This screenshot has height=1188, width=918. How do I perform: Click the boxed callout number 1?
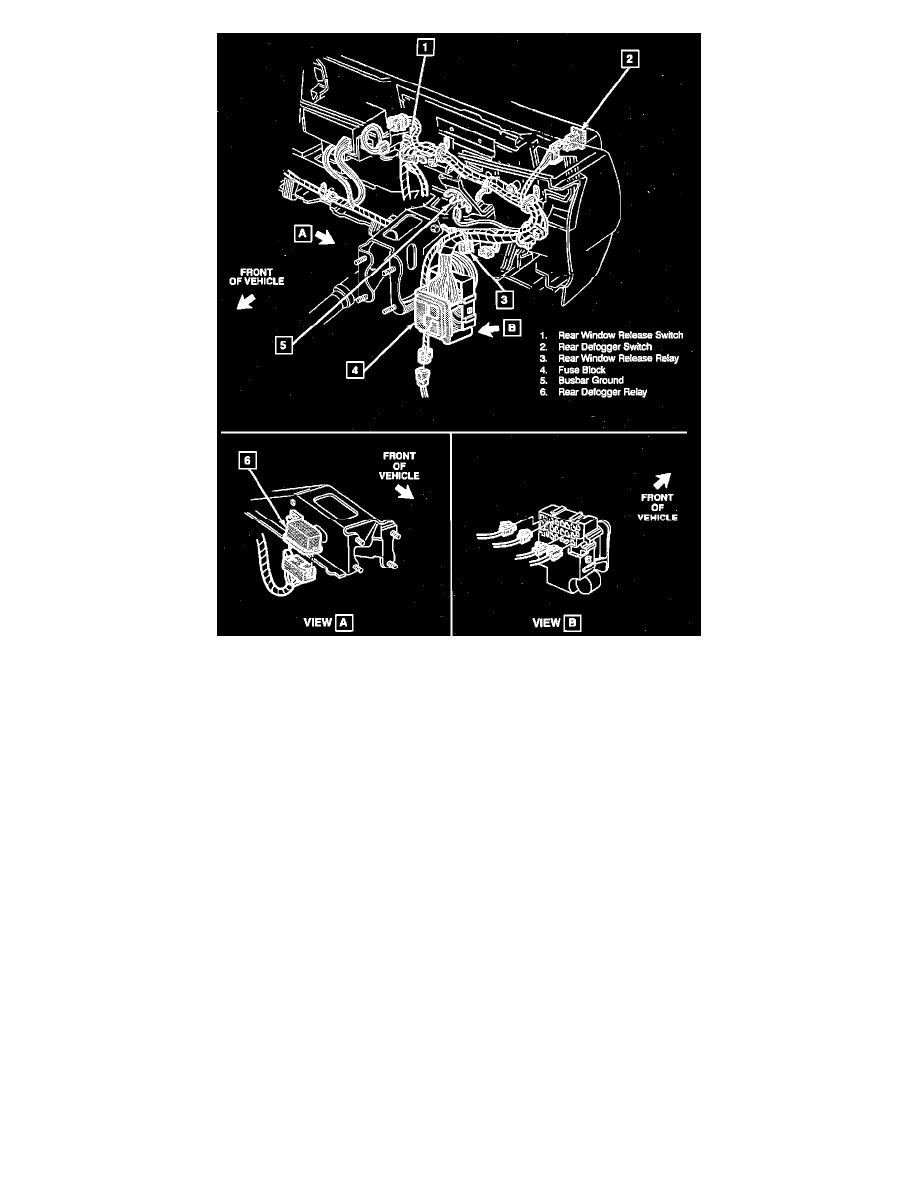[x=426, y=46]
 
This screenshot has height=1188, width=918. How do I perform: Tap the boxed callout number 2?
[x=629, y=59]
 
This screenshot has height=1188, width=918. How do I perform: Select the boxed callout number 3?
[x=507, y=298]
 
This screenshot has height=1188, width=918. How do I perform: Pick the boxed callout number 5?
[x=286, y=345]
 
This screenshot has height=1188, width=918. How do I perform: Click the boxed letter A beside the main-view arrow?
[x=301, y=233]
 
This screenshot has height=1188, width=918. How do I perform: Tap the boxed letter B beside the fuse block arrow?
[x=512, y=326]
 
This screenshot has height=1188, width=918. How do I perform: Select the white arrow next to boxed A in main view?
[x=327, y=239]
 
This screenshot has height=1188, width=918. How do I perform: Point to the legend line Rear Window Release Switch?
[x=612, y=334]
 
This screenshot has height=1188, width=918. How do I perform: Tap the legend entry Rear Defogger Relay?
[x=599, y=392]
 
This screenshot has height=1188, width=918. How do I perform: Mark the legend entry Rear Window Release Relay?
[x=609, y=357]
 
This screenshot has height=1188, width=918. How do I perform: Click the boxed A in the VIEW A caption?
[x=342, y=622]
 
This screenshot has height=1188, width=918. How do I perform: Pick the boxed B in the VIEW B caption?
[x=572, y=622]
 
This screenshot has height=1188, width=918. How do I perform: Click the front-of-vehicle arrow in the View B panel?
[x=662, y=480]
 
